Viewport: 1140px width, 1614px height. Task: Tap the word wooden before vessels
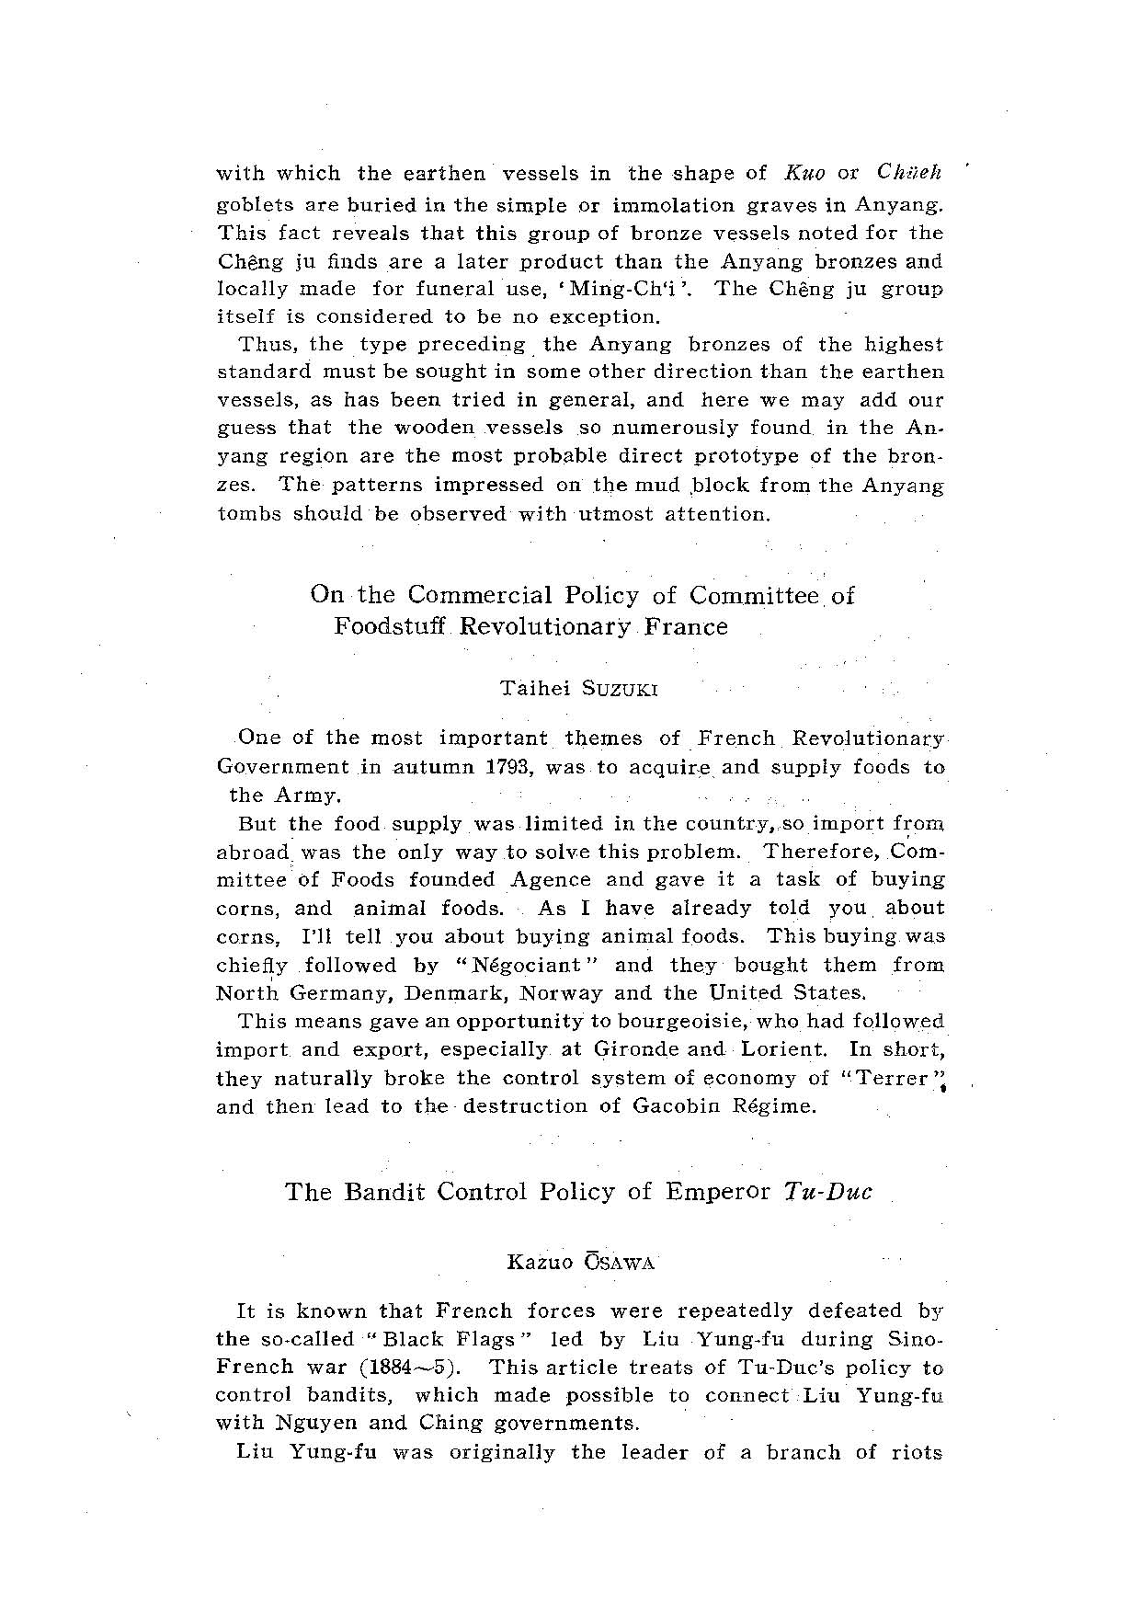(435, 428)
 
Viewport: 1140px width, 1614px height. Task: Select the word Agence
(551, 879)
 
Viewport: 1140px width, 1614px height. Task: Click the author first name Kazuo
(541, 1263)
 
